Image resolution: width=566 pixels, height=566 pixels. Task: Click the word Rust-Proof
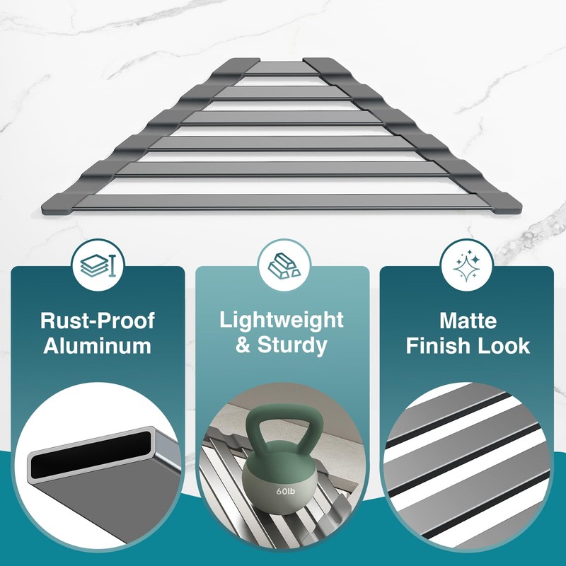click(x=98, y=320)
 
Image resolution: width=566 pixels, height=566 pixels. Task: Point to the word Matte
click(x=468, y=320)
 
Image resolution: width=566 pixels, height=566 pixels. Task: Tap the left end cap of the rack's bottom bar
click(x=59, y=207)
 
